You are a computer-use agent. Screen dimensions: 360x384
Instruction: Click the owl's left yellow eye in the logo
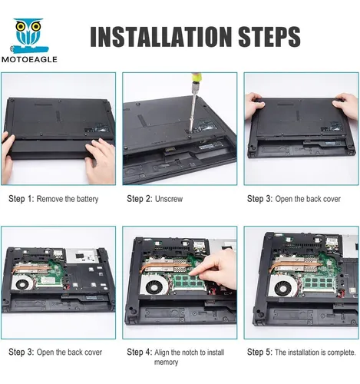pyautogui.click(x=20, y=26)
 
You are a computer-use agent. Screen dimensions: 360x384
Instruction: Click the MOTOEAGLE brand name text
pyautogui.click(x=29, y=59)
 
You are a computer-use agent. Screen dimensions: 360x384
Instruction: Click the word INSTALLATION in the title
pyautogui.click(x=160, y=37)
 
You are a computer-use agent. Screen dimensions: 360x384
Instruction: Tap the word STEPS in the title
pyautogui.click(x=269, y=37)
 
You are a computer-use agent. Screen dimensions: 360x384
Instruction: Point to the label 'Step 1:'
pyautogui.click(x=21, y=199)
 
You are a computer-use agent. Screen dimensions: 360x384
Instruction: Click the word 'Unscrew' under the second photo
pyautogui.click(x=169, y=199)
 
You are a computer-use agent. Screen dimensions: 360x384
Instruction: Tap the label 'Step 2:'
pyautogui.click(x=140, y=199)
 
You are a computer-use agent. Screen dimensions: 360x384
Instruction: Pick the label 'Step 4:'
pyautogui.click(x=140, y=352)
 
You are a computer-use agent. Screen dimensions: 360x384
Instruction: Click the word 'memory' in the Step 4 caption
pyautogui.click(x=166, y=362)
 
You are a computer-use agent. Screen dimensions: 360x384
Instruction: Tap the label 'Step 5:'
pyautogui.click(x=259, y=352)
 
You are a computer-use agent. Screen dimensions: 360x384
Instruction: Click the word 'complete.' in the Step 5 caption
pyautogui.click(x=342, y=353)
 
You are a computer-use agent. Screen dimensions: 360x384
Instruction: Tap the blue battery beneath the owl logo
pyautogui.click(x=29, y=48)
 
